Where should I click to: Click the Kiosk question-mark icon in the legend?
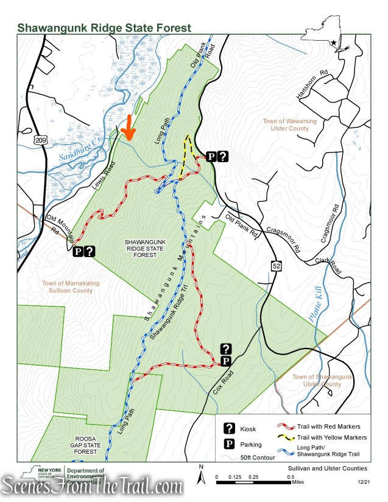(x=230, y=428)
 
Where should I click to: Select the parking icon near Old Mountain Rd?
(x=78, y=251)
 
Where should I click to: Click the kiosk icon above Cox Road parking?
(x=226, y=348)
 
